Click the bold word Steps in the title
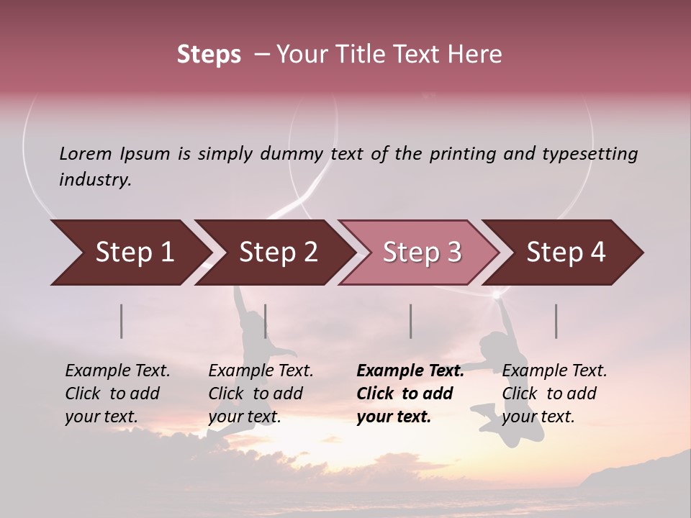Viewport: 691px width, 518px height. [x=209, y=55]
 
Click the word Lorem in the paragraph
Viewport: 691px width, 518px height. [x=86, y=154]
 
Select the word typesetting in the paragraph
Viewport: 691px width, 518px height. [x=590, y=154]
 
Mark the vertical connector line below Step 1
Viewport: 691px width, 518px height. [x=122, y=321]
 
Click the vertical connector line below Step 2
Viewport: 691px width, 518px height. [x=266, y=321]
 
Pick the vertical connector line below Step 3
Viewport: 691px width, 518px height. [x=410, y=321]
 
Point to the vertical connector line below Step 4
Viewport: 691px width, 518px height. [x=556, y=321]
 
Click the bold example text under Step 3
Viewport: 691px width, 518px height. [x=410, y=394]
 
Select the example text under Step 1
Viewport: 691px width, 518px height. [x=117, y=394]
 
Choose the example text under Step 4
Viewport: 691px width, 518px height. [x=554, y=394]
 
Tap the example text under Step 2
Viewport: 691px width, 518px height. [x=261, y=394]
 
